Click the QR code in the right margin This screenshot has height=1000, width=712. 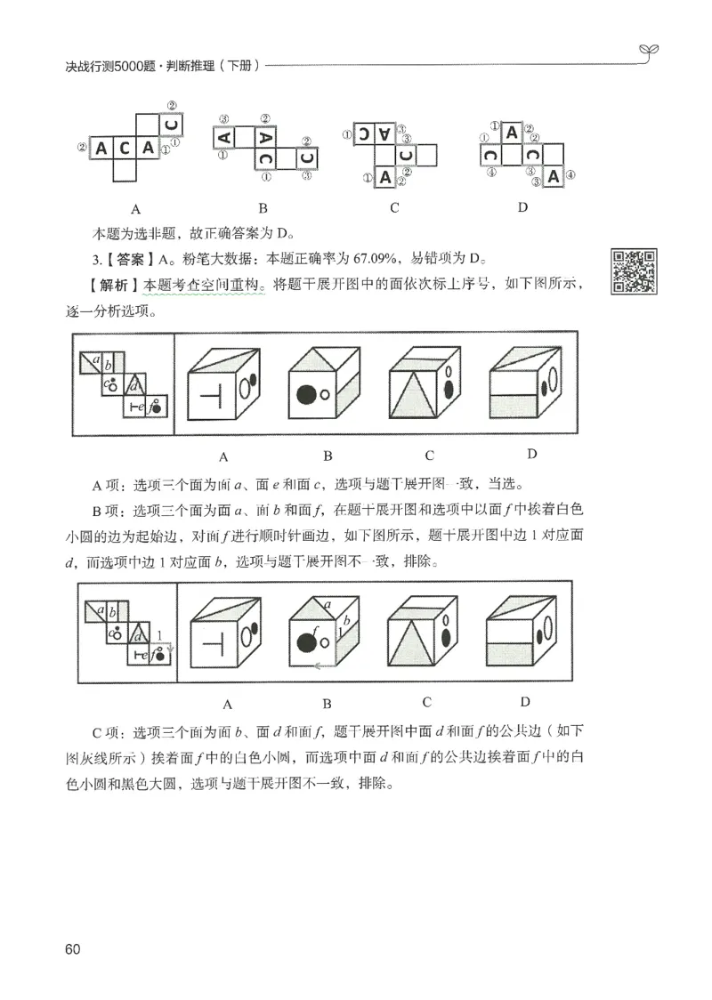pos(635,271)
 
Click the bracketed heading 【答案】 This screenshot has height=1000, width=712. pos(130,260)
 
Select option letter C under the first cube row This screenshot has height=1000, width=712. pos(429,456)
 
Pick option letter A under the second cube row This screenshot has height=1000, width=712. pos(227,703)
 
